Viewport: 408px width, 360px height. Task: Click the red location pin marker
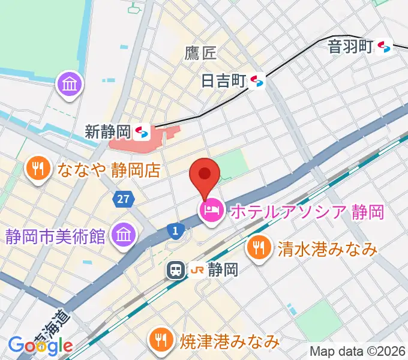(205, 175)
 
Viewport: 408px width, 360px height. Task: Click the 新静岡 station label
(107, 131)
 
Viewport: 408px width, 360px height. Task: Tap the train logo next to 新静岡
(142, 131)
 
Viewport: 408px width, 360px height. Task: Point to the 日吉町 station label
(224, 80)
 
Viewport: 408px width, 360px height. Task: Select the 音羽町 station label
(351, 47)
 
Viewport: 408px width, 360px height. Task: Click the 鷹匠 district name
(200, 54)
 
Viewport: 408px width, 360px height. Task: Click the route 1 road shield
(175, 229)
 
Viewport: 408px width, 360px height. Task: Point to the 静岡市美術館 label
(56, 235)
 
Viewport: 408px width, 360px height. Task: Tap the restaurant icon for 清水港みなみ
(259, 247)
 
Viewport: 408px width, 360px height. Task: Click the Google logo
(40, 346)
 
